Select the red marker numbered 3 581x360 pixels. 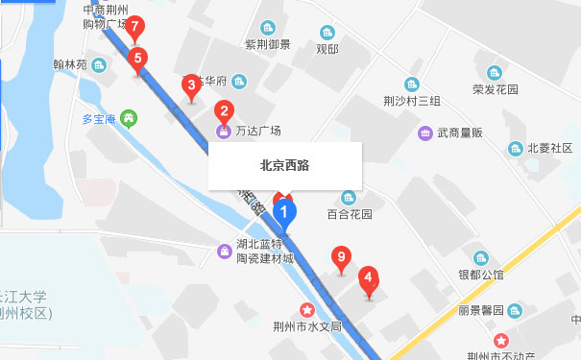pyautogui.click(x=191, y=87)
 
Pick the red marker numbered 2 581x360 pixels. pyautogui.click(x=224, y=111)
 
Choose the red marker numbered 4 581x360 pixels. pyautogui.click(x=367, y=280)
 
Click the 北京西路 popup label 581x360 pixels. pyautogui.click(x=284, y=164)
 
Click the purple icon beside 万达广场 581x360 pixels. pyautogui.click(x=223, y=130)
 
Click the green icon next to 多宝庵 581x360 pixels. pyautogui.click(x=130, y=119)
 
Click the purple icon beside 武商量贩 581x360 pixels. pyautogui.click(x=424, y=132)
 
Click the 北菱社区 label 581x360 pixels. pyautogui.click(x=549, y=148)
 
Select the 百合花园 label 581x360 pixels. pyautogui.click(x=350, y=215)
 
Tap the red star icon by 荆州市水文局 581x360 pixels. pyautogui.click(x=307, y=309)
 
